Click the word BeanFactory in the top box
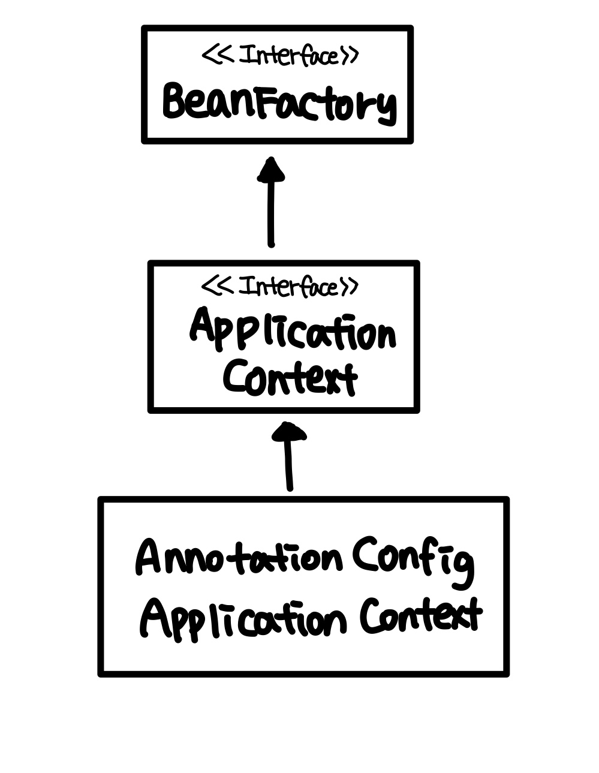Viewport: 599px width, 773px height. (x=279, y=103)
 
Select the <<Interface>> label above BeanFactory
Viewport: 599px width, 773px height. (x=279, y=56)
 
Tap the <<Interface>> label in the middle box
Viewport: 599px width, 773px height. (x=279, y=287)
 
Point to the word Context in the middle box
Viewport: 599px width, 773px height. (x=290, y=377)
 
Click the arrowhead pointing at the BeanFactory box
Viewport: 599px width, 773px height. (x=271, y=170)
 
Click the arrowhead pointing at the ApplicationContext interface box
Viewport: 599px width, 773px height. (x=290, y=431)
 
